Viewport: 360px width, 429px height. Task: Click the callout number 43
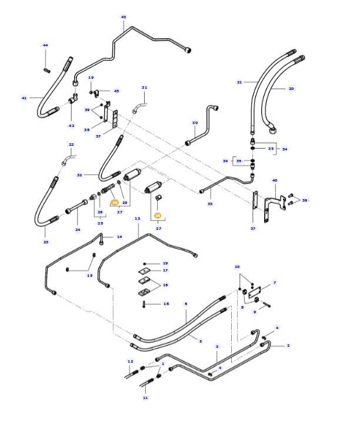pyautogui.click(x=124, y=17)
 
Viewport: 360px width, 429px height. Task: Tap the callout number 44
pyautogui.click(x=45, y=45)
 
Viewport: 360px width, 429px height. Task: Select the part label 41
pyautogui.click(x=24, y=98)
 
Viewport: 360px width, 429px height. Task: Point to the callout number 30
pyautogui.click(x=195, y=123)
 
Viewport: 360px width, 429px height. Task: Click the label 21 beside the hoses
pyautogui.click(x=239, y=82)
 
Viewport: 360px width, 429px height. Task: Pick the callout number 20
pyautogui.click(x=291, y=89)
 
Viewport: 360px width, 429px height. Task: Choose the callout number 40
pyautogui.click(x=274, y=180)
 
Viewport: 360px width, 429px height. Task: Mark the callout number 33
pyautogui.click(x=210, y=204)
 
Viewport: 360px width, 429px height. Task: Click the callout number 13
pyautogui.click(x=137, y=218)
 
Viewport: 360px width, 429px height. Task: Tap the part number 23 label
pyautogui.click(x=46, y=242)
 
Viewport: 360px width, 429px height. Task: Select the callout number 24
pyautogui.click(x=77, y=229)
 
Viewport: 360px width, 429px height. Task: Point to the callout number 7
pyautogui.click(x=274, y=283)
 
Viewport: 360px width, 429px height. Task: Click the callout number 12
pyautogui.click(x=131, y=361)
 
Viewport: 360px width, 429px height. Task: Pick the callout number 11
pyautogui.click(x=145, y=398)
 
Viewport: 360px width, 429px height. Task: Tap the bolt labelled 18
pyautogui.click(x=144, y=304)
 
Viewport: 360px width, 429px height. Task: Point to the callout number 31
pyautogui.click(x=144, y=88)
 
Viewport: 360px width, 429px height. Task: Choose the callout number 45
pyautogui.click(x=116, y=91)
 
